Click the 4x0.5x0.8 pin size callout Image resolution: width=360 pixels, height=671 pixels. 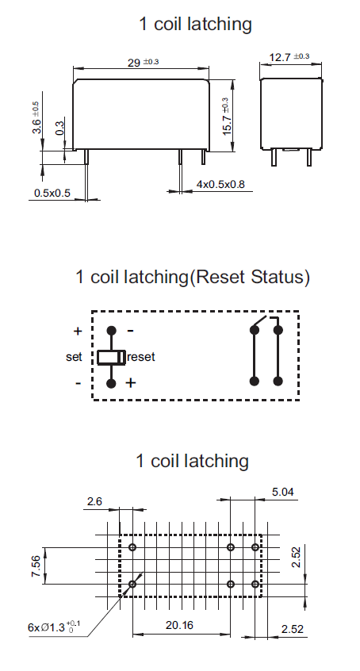click(220, 184)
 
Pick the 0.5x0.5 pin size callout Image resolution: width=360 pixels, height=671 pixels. click(52, 193)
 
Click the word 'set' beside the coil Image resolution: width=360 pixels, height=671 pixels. click(74, 357)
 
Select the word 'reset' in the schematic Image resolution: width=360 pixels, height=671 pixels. click(141, 357)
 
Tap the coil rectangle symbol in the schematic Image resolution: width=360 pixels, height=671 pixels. click(111, 357)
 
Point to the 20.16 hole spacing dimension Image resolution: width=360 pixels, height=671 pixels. click(179, 625)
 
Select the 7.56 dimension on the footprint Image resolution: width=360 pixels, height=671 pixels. click(36, 566)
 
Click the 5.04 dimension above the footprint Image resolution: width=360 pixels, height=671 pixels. click(283, 492)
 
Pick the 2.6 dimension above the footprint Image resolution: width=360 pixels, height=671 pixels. click(94, 501)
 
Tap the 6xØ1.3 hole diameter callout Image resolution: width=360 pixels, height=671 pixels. click(54, 627)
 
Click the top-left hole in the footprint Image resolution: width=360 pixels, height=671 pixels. click(132, 547)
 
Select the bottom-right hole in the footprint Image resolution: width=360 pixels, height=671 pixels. click(255, 584)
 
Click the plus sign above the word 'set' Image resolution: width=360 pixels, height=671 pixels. click(78, 331)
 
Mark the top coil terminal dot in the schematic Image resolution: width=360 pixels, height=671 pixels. click(111, 331)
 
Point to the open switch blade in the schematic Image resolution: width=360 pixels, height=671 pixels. click(260, 323)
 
